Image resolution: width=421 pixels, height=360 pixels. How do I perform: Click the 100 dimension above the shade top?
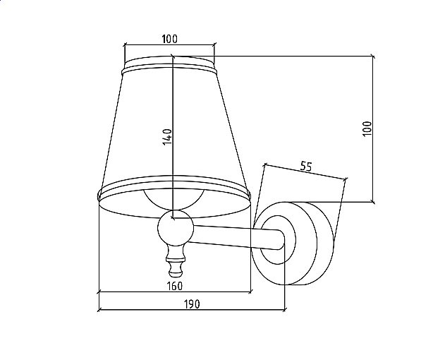coord(170,39)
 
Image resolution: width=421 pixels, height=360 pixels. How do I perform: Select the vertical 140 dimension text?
coord(167,136)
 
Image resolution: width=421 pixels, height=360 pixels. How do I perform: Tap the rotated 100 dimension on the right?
coord(367,128)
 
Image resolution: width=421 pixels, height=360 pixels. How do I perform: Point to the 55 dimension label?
coord(306,167)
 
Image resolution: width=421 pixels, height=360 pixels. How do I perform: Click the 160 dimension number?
coord(175,286)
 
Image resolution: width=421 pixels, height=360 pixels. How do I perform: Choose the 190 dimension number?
coord(192,304)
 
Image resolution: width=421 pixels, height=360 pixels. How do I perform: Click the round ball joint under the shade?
coord(176,228)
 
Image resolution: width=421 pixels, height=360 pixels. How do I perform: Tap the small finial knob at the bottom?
coord(176,261)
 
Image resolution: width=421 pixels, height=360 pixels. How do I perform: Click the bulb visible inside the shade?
coord(174,200)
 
